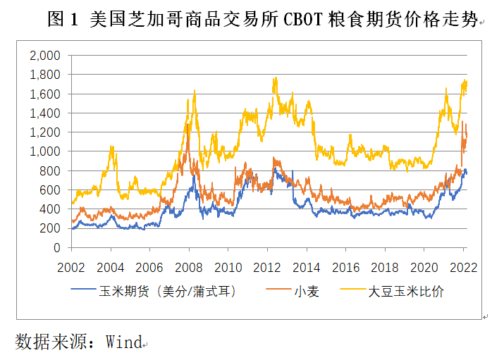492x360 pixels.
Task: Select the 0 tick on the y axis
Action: point(58,248)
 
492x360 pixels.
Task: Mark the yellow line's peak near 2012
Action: point(275,78)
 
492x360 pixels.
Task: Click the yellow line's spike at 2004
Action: point(111,147)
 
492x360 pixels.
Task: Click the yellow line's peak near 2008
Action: point(193,92)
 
